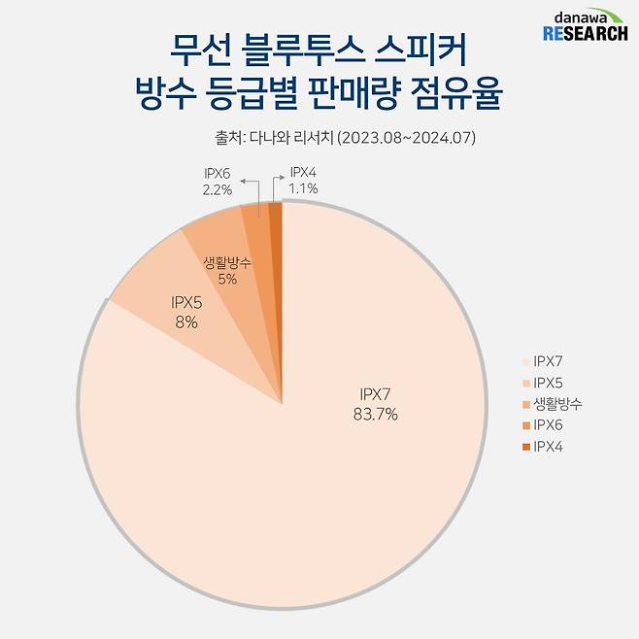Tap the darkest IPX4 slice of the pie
276,223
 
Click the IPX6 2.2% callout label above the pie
217,182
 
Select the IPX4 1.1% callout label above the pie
304,182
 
